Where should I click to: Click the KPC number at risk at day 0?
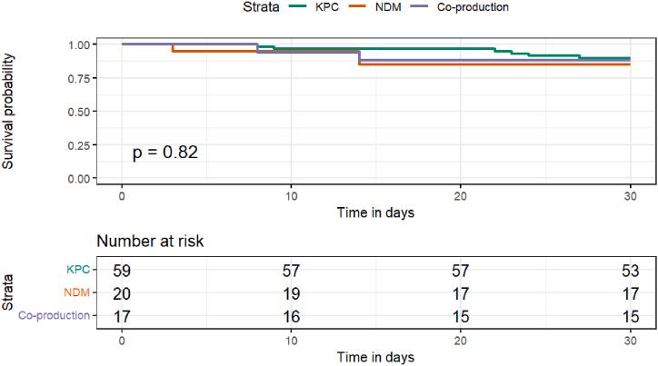[x=122, y=271]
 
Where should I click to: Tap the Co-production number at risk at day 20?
[x=460, y=316]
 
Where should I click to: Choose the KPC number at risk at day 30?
[x=629, y=271]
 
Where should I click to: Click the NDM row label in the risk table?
[x=76, y=293]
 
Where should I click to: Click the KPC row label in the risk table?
[x=78, y=271]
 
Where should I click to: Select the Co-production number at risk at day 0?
[x=122, y=316]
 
